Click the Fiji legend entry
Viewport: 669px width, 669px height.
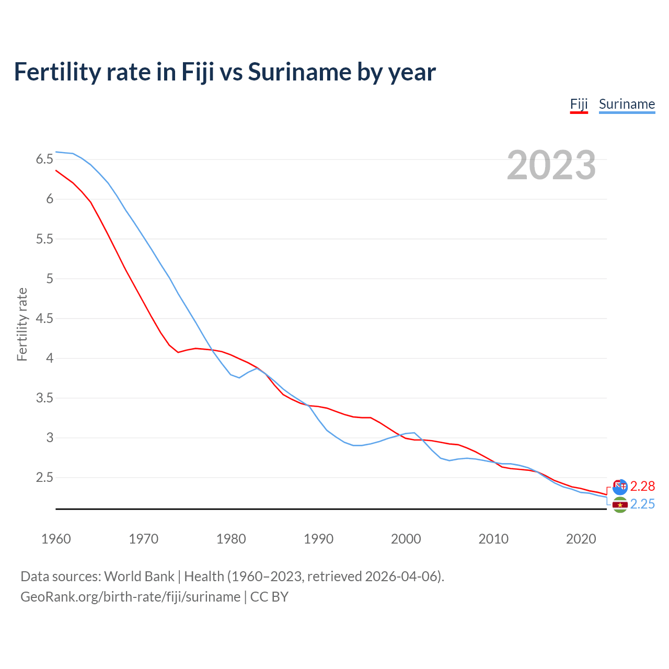(579, 104)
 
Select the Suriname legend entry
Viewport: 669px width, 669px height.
(627, 104)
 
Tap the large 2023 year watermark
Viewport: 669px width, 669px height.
(551, 165)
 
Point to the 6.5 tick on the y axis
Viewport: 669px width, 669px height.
(44, 159)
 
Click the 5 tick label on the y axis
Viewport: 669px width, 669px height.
(50, 279)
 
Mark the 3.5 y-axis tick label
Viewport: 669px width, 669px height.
(44, 398)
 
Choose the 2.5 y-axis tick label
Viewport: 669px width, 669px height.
(44, 478)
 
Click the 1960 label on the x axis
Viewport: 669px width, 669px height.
(56, 539)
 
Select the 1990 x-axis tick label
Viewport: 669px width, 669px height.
(318, 539)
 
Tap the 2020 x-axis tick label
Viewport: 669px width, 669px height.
(581, 539)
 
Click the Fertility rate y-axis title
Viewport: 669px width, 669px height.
(22, 324)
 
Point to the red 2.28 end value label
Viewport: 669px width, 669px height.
(642, 487)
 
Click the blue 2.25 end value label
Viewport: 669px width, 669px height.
(642, 504)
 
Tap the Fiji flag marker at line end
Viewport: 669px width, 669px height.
(620, 487)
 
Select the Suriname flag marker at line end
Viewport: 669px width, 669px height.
(620, 505)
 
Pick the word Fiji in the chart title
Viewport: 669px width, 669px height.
(198, 72)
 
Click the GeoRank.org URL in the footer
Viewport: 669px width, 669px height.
(130, 597)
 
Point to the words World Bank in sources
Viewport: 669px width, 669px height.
(139, 576)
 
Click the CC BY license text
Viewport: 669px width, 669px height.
(269, 597)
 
